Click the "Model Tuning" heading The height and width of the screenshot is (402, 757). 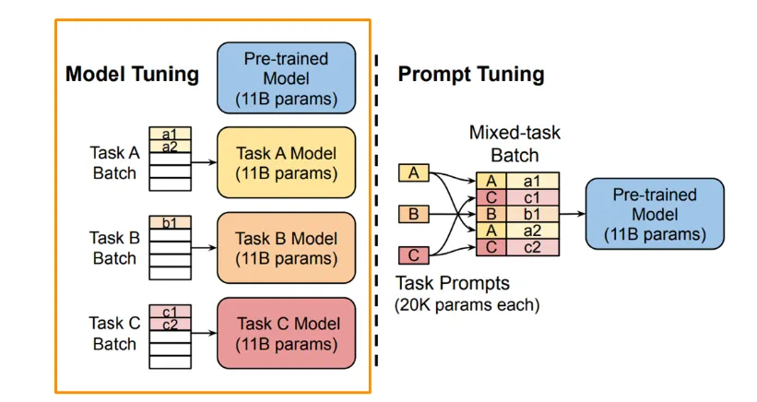coord(132,75)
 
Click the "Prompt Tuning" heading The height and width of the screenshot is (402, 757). coord(471,75)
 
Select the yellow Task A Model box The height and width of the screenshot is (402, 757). coord(285,161)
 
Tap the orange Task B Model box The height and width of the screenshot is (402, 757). coord(285,247)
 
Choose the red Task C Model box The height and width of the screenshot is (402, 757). coord(285,333)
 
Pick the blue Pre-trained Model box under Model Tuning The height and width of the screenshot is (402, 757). coord(285,77)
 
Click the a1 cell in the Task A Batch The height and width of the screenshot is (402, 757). coord(169,134)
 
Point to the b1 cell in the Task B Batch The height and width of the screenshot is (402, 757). coord(169,222)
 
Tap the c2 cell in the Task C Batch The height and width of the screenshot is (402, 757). coord(169,324)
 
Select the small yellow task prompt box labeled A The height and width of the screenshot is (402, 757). coord(413,172)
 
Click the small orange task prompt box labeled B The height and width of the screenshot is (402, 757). coord(413,215)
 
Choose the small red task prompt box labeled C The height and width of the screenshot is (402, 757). coord(413,254)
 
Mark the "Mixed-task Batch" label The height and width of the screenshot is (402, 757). coord(514,143)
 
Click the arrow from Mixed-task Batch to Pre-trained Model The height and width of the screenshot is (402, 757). coord(572,214)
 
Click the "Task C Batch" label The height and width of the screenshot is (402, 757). coord(114,333)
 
